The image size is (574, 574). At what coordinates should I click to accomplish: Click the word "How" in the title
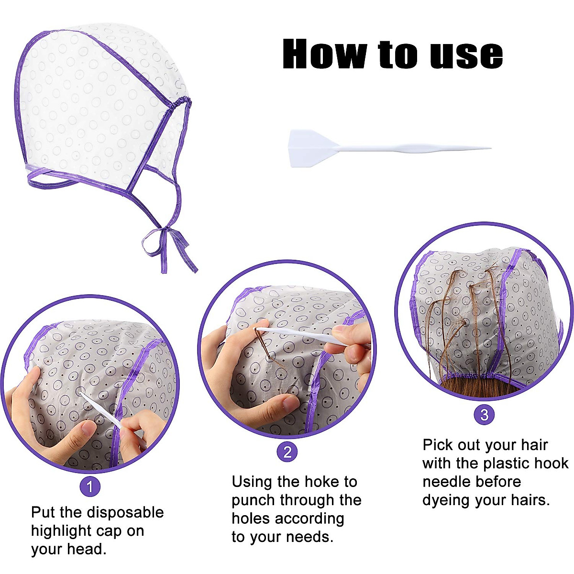click(325, 54)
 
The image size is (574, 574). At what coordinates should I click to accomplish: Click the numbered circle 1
click(90, 487)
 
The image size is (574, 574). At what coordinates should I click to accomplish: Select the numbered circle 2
click(287, 452)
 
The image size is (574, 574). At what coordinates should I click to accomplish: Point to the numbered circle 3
click(484, 414)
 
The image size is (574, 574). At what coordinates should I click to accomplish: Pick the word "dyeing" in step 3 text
click(446, 500)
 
